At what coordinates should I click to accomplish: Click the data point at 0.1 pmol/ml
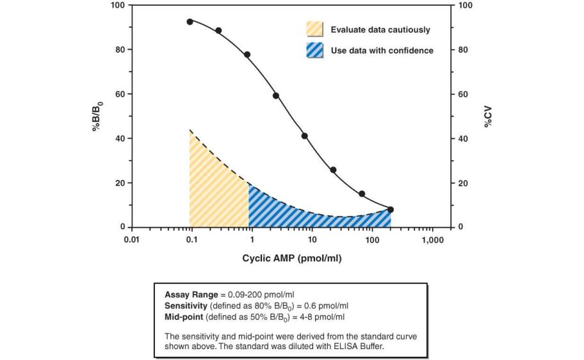point(190,22)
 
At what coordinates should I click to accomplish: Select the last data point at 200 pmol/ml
point(391,209)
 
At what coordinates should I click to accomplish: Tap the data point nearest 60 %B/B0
point(276,95)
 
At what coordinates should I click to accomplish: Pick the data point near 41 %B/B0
point(305,136)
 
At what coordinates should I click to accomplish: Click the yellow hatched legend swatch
point(314,29)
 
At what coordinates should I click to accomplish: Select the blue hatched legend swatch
point(314,50)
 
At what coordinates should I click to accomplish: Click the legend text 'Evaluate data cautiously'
point(380,30)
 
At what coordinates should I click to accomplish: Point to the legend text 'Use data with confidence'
point(382,51)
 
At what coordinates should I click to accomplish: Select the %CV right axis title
point(487,116)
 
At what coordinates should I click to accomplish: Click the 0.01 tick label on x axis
point(131,240)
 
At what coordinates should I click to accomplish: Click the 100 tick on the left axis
point(117,5)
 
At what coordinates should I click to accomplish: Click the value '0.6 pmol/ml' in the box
point(326,305)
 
